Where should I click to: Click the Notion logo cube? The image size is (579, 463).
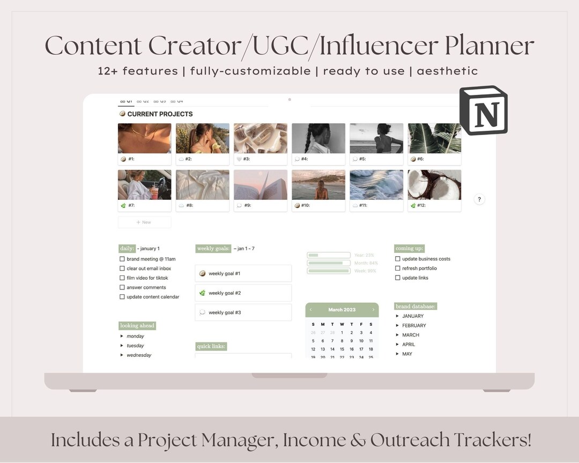[x=484, y=110]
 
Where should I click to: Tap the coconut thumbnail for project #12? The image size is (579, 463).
[x=434, y=185]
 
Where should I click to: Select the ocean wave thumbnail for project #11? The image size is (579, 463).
[x=376, y=185]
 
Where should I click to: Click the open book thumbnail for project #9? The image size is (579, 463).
[x=261, y=185]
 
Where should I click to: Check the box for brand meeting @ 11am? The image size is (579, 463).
[x=122, y=259]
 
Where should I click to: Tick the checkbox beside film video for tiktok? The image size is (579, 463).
[x=122, y=278]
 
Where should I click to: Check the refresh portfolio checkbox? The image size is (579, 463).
[x=398, y=268]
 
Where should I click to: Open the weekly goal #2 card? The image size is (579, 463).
[x=243, y=293]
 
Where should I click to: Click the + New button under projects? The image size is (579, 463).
[x=144, y=222]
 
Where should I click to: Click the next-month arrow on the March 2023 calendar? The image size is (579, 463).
[x=373, y=310]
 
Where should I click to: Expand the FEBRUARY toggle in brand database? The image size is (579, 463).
[x=397, y=326]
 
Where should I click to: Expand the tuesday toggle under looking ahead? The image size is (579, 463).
[x=122, y=346]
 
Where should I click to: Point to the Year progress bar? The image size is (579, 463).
[x=329, y=256]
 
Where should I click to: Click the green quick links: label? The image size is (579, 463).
[x=211, y=347]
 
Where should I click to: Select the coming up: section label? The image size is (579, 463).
[x=410, y=249]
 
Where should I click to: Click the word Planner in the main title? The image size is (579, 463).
[x=489, y=46]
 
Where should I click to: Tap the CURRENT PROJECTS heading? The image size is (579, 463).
[x=160, y=114]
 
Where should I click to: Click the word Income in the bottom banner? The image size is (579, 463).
[x=315, y=440]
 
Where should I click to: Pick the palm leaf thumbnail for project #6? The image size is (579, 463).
[x=434, y=138]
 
